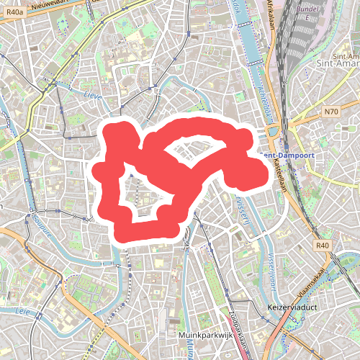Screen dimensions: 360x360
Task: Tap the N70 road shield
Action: click(x=331, y=111)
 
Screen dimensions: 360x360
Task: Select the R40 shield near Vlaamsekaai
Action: click(x=322, y=246)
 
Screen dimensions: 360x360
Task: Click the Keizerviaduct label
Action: click(x=292, y=307)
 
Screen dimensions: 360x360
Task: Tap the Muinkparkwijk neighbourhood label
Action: click(x=205, y=336)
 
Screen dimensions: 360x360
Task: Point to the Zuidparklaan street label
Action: click(x=235, y=331)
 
